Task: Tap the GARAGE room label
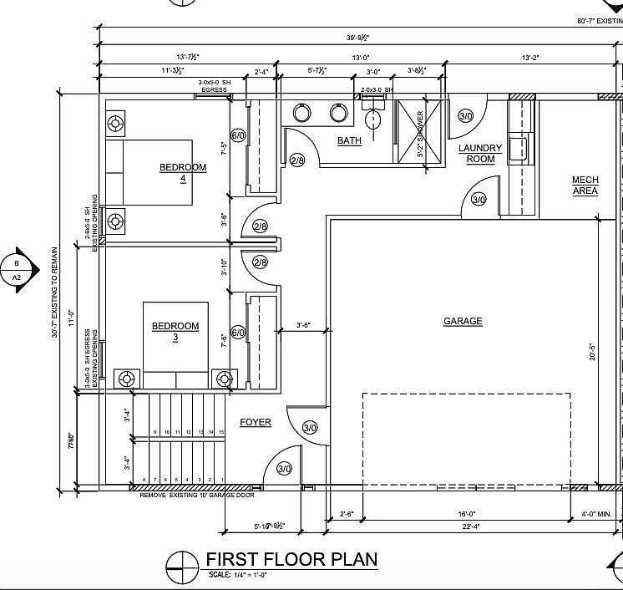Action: point(463,321)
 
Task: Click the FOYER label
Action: point(256,422)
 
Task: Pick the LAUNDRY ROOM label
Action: point(481,154)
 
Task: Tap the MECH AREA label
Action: point(585,186)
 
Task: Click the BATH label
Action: point(349,140)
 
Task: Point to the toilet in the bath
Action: point(374,116)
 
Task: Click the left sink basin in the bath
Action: point(302,113)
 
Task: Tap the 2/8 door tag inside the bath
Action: point(297,160)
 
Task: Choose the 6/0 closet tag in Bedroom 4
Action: point(238,135)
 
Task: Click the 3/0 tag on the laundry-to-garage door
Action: point(479,200)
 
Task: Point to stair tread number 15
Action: point(221,432)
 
